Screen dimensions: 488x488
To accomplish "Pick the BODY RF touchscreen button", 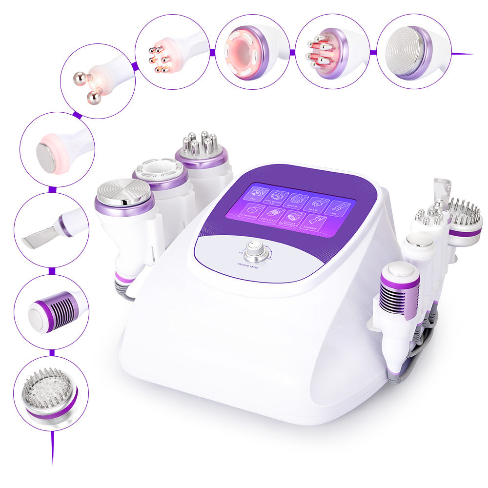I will (x=296, y=201).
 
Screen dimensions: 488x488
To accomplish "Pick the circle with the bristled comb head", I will (x=51, y=393).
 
